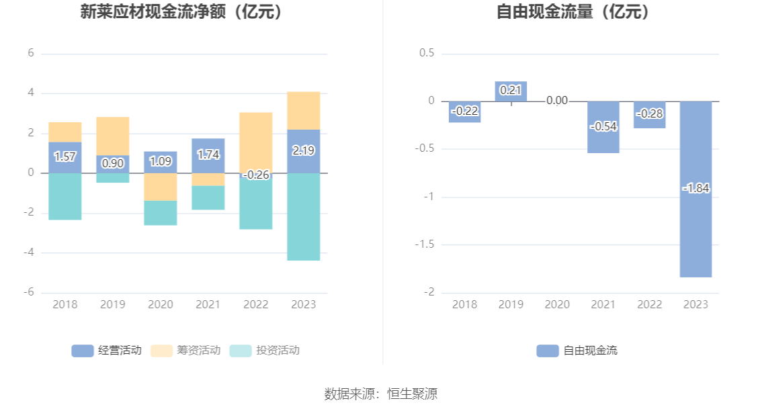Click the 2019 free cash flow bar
coord(511,91)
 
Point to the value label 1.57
coord(65,156)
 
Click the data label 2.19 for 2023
coord(304,151)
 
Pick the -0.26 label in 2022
coord(255,175)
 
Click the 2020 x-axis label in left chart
coord(161,305)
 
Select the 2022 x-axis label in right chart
coord(649,305)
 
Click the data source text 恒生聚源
coord(412,394)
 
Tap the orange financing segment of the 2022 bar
coord(256,141)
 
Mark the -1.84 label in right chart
coord(695,189)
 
